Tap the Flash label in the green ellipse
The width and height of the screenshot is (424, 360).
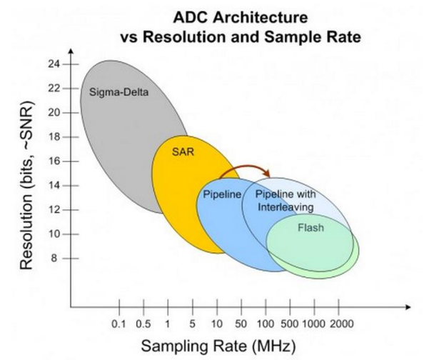[308, 228]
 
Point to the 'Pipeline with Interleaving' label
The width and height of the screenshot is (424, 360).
[285, 201]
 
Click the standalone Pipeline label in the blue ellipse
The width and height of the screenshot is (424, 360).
[221, 194]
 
